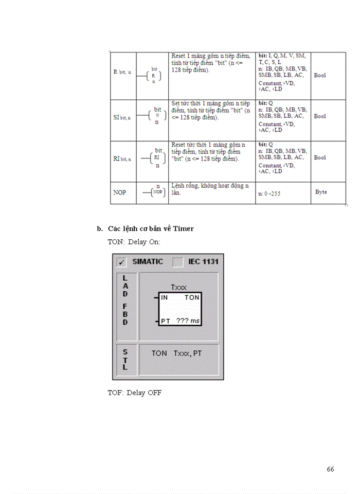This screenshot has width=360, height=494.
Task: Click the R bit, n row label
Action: pos(122,72)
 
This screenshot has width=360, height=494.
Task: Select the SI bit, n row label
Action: pos(122,117)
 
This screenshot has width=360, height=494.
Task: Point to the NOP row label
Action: pos(119,192)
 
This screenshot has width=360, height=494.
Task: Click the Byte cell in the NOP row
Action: pos(321,192)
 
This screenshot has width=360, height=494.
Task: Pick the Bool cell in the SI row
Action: pos(320,116)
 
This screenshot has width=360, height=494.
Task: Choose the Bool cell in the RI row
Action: pos(320,157)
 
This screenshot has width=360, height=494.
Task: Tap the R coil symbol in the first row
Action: pos(153,76)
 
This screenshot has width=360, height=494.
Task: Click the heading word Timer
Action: pos(183,228)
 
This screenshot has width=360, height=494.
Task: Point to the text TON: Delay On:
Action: pos(134,241)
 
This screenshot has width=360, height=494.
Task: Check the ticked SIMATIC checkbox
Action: pos(122,262)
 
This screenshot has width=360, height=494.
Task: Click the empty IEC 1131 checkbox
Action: pos(177,262)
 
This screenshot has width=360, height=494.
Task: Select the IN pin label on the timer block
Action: pos(164,297)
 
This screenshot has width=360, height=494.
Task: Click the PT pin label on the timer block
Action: pos(165,321)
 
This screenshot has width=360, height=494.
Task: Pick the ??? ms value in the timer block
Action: pos(187,321)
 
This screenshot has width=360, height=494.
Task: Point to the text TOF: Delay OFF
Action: pos(134,393)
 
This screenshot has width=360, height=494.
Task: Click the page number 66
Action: pos(330,469)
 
